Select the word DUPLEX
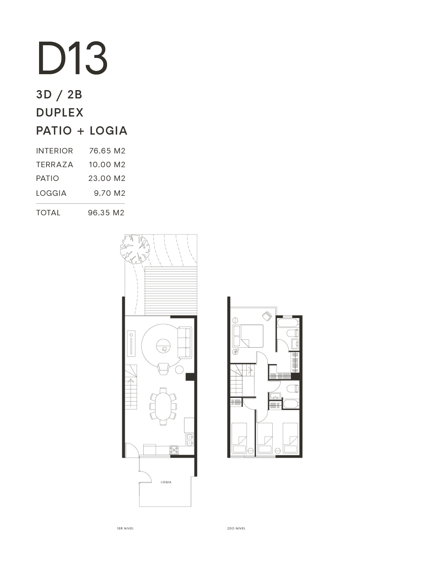click(x=60, y=113)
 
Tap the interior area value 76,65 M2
click(x=107, y=151)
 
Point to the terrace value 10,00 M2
click(x=107, y=165)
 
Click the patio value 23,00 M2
click(x=107, y=178)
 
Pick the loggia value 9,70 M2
click(x=110, y=193)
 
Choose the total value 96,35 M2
click(x=106, y=213)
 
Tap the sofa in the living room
click(x=185, y=342)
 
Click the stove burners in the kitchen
click(x=174, y=450)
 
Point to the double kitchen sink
click(x=190, y=440)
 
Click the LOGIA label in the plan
click(x=166, y=482)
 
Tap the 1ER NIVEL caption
click(x=125, y=528)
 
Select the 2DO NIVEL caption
click(x=237, y=528)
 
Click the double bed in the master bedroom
click(x=248, y=336)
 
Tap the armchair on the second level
click(x=267, y=316)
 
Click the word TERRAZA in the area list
click(x=55, y=165)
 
